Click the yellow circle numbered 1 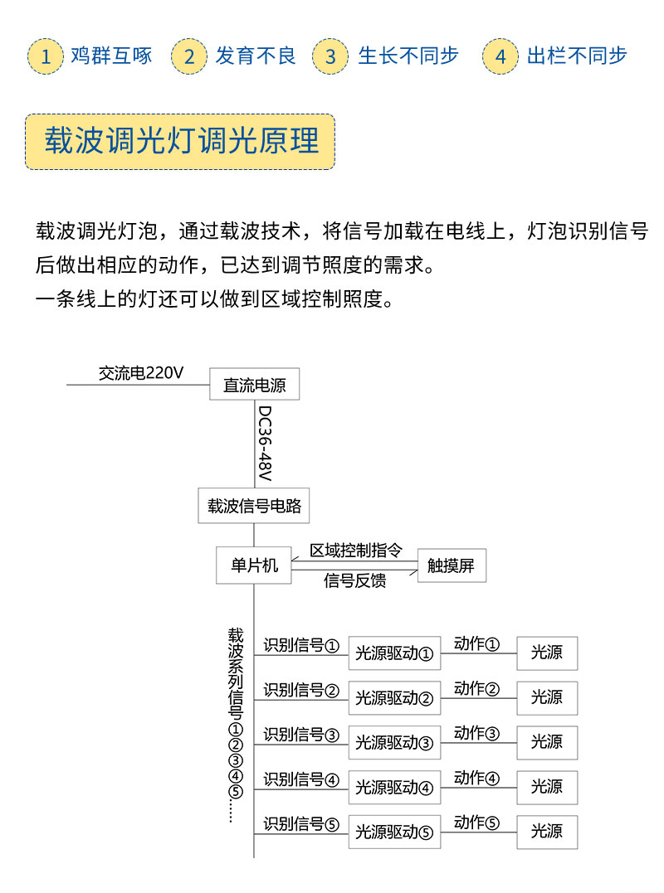46,56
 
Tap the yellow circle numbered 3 330,56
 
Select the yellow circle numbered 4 500,56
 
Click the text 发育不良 256,56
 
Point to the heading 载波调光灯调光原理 182,141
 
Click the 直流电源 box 254,384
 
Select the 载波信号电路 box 254,505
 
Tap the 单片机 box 254,565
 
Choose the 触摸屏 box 452,565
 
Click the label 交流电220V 141,373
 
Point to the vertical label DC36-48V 265,443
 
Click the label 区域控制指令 355,551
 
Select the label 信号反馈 354,580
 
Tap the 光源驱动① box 394,653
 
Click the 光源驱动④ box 394,787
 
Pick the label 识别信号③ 301,734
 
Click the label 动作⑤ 476,822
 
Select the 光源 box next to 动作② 547,697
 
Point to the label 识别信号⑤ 301,823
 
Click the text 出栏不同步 577,56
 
